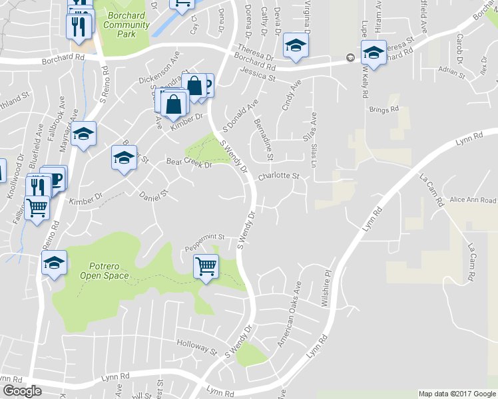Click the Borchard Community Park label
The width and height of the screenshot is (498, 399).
126,25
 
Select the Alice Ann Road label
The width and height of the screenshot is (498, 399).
473,200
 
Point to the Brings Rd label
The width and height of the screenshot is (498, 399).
385,108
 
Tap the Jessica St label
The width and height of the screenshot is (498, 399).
258,74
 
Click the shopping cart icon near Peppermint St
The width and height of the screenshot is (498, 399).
206,267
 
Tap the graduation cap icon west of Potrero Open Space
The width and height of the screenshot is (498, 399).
55,263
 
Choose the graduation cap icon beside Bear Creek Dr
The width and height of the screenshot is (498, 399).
124,158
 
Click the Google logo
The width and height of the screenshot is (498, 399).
21,391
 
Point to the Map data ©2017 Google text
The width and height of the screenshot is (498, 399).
457,394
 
